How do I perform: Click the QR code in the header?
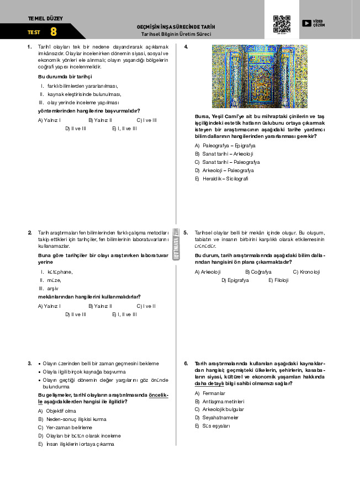(282, 24)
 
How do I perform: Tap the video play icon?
(306, 23)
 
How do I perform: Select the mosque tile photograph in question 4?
(260, 76)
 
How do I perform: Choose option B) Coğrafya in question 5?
(257, 272)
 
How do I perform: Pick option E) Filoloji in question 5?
(278, 280)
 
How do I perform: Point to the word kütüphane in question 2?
(60, 272)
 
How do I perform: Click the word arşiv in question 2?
(53, 289)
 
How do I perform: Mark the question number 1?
(29, 47)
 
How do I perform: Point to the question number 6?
(186, 364)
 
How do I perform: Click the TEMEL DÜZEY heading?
(45, 18)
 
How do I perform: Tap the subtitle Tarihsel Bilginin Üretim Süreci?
(176, 34)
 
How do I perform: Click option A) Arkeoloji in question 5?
(208, 272)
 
